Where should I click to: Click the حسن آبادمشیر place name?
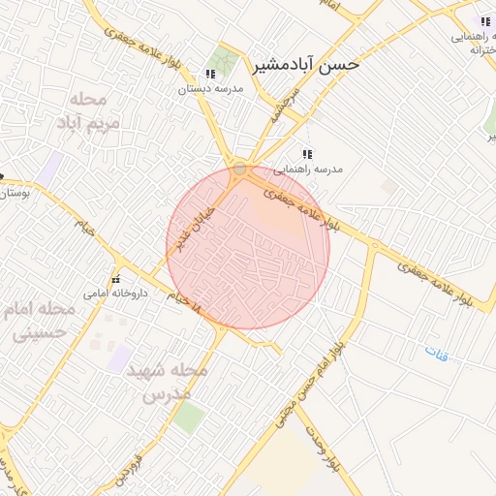(x=306, y=65)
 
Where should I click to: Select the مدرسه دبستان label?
(x=210, y=88)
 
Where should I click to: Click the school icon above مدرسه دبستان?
(x=210, y=74)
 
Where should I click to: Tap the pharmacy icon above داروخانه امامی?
(x=115, y=279)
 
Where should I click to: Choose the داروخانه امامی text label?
(x=114, y=292)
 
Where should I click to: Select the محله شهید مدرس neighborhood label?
(x=174, y=383)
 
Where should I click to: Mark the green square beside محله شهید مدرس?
(x=189, y=418)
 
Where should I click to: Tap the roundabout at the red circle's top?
(x=239, y=169)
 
